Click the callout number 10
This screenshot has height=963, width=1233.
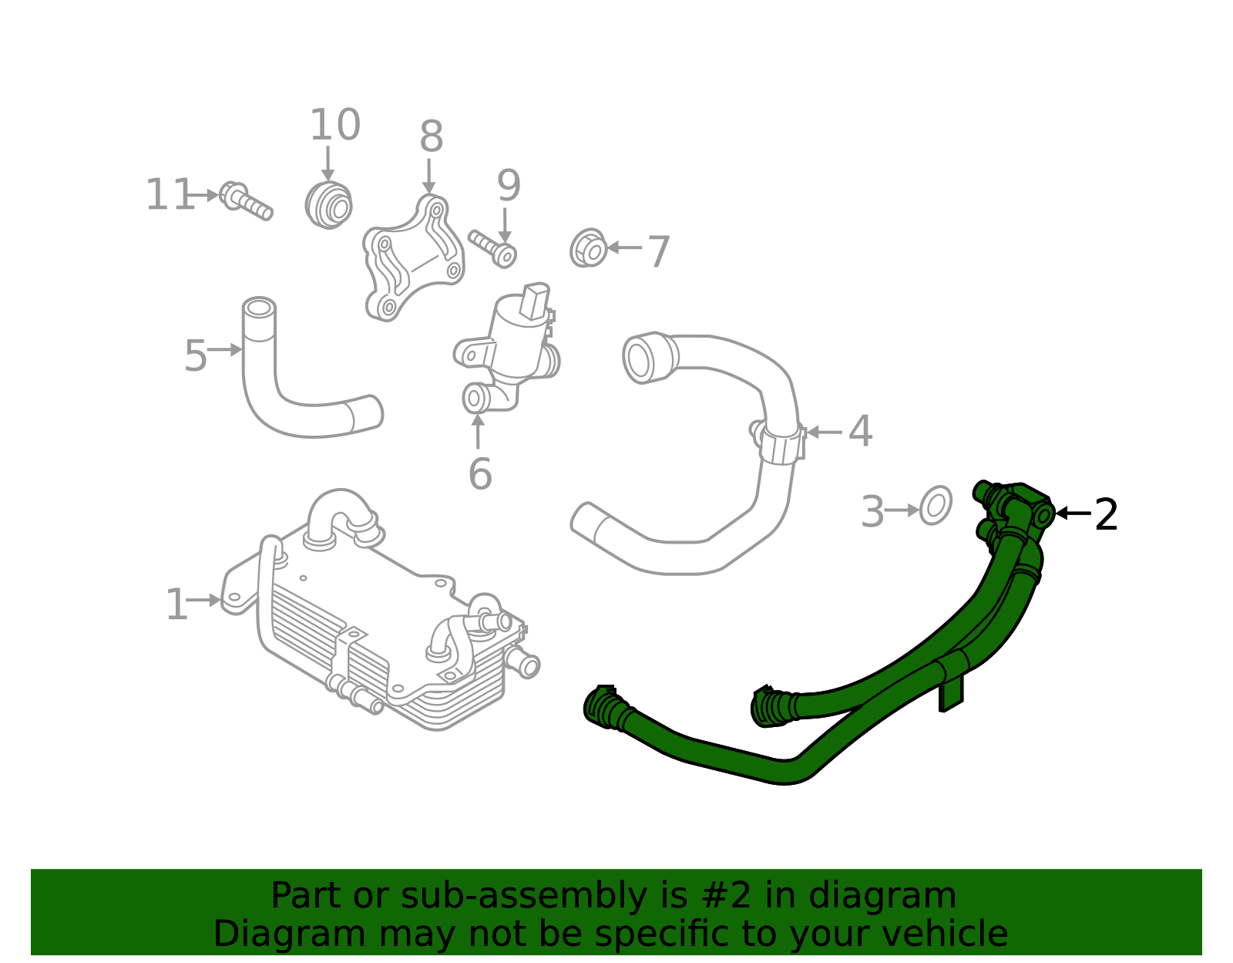tap(334, 126)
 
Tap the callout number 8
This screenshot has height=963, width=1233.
tap(431, 138)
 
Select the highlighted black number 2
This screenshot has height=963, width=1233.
tap(1106, 514)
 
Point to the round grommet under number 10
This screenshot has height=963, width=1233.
tap(329, 205)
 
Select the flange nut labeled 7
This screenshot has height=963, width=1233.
tap(590, 248)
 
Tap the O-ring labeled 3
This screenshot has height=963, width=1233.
tap(936, 506)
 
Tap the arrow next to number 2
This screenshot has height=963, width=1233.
tap(1073, 513)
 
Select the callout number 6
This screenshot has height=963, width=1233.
tap(479, 473)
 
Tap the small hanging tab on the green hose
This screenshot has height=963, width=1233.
tap(951, 693)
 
